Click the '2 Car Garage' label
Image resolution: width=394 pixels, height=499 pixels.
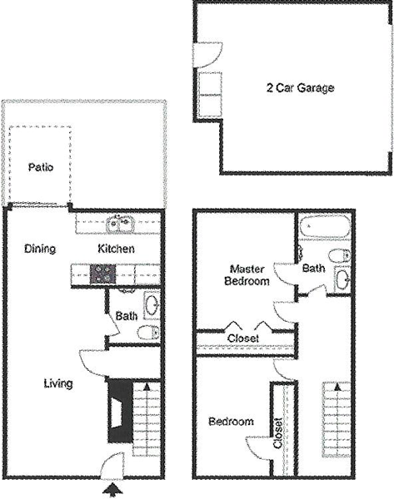[x=300, y=88]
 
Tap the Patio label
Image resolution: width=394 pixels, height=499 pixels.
[x=41, y=167]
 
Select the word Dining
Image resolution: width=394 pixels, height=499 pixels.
[x=40, y=249]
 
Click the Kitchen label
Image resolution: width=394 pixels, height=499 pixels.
[x=116, y=249]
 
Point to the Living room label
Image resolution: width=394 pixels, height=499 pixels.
[x=58, y=383]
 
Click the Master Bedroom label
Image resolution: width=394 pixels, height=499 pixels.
[x=247, y=275]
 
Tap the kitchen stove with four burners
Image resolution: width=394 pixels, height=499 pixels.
[x=102, y=274]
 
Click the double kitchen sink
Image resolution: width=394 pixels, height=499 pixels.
[x=120, y=224]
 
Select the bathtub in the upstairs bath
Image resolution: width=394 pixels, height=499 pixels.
[x=325, y=226]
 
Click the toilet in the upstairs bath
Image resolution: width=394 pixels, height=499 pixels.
[x=340, y=255]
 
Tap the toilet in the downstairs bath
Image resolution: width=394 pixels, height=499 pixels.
[x=148, y=333]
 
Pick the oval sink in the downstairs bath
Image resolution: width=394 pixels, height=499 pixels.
[x=152, y=306]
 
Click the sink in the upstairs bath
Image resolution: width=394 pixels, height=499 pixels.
[x=342, y=279]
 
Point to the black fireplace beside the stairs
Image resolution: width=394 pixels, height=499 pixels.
[x=120, y=412]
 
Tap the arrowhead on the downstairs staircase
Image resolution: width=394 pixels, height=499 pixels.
[x=147, y=388]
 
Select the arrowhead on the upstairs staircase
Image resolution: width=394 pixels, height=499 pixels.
[x=337, y=387]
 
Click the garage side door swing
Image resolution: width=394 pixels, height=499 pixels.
[x=207, y=55]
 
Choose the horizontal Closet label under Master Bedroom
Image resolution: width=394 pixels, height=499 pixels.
[x=243, y=338]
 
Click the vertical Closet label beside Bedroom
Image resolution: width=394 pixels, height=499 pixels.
[x=278, y=433]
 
